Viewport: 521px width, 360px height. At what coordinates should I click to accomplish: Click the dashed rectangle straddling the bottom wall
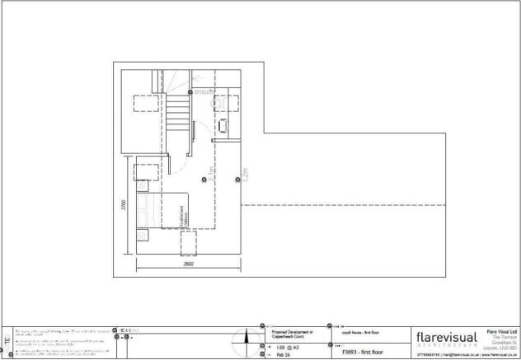[188, 243]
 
